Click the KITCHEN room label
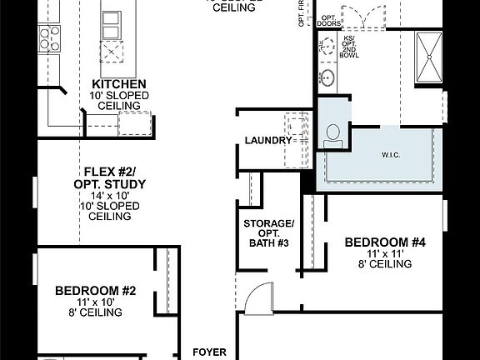click(120, 84)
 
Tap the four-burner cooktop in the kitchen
click(49, 36)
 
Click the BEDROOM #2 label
click(95, 291)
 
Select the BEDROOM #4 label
click(385, 242)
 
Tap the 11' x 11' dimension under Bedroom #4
click(385, 253)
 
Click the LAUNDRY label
click(267, 140)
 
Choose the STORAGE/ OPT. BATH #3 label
click(268, 232)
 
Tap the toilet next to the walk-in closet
click(335, 136)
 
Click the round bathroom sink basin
click(327, 78)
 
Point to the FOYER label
click(209, 352)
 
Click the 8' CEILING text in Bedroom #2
click(95, 312)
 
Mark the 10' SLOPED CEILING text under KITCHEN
click(120, 101)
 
